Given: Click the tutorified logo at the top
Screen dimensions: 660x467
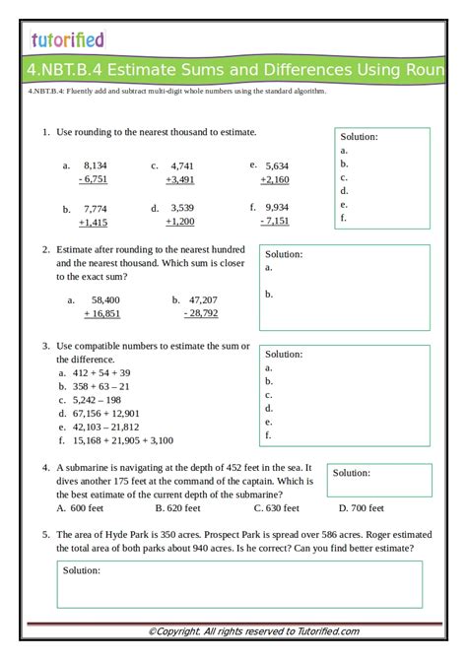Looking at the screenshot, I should (67, 39).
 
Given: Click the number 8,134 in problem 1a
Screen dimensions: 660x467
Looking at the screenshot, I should (96, 165).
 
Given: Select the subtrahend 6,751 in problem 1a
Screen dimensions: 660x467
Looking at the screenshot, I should (94, 179).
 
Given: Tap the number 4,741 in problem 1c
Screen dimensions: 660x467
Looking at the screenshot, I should (182, 165).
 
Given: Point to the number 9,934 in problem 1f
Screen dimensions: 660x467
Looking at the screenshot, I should (277, 208).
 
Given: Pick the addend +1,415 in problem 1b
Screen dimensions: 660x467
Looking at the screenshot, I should (94, 223).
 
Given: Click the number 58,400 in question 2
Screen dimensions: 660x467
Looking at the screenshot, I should (105, 299).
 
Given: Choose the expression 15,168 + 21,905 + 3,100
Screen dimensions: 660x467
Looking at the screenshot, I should (122, 440).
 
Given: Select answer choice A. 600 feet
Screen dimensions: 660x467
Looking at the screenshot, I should (80, 508).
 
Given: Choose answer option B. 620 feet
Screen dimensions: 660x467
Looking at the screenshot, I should (178, 508).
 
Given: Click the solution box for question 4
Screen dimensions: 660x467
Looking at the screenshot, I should (379, 480).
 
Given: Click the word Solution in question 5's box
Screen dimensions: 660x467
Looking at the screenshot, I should (82, 570).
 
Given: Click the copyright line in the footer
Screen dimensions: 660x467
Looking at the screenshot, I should (253, 631).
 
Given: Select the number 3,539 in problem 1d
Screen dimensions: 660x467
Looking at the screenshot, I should (182, 208).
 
